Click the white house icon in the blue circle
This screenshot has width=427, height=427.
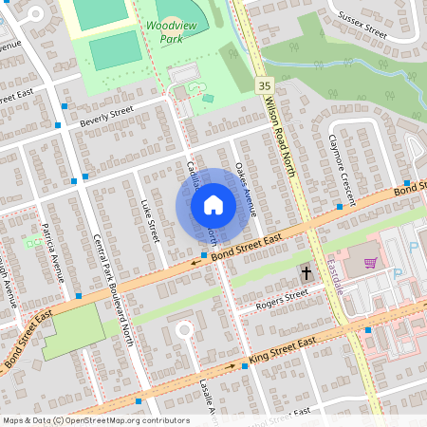(213, 205)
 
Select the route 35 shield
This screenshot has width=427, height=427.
(263, 85)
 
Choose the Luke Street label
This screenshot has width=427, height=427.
(147, 219)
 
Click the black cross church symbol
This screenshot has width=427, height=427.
(306, 273)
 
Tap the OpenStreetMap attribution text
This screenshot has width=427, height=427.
(96, 419)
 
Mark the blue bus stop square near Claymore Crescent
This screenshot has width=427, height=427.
(339, 206)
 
